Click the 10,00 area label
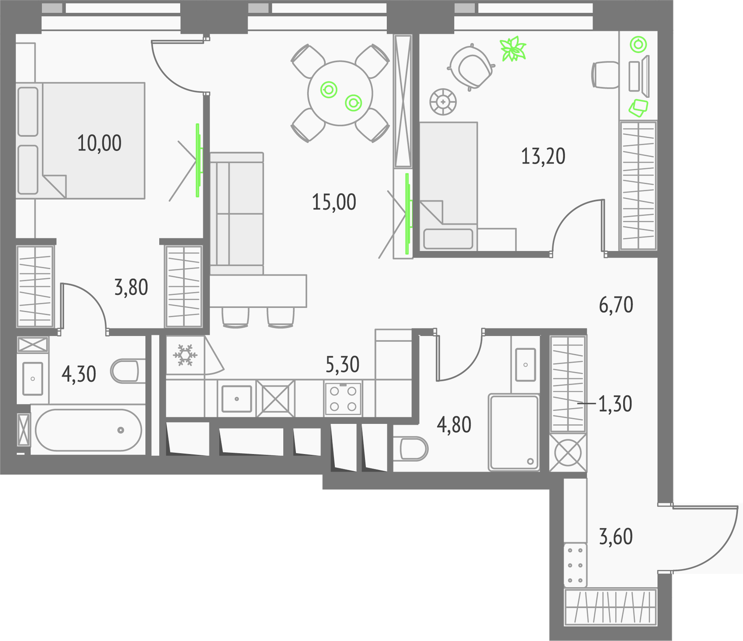[99, 143]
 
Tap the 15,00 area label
[334, 202]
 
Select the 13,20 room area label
[543, 156]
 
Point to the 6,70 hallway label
[616, 305]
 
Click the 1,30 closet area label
[615, 404]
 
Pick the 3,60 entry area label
[616, 537]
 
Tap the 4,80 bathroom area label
[454, 425]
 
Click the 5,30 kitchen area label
[342, 365]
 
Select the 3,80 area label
[131, 288]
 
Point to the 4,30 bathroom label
[78, 374]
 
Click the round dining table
[340, 93]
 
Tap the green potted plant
[513, 49]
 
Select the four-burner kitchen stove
[343, 398]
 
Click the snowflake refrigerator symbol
[185, 355]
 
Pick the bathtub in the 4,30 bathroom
[88, 430]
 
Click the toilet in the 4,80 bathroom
[411, 449]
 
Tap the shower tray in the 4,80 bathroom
[514, 432]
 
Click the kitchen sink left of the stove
[237, 398]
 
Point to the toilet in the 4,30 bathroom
[124, 371]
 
